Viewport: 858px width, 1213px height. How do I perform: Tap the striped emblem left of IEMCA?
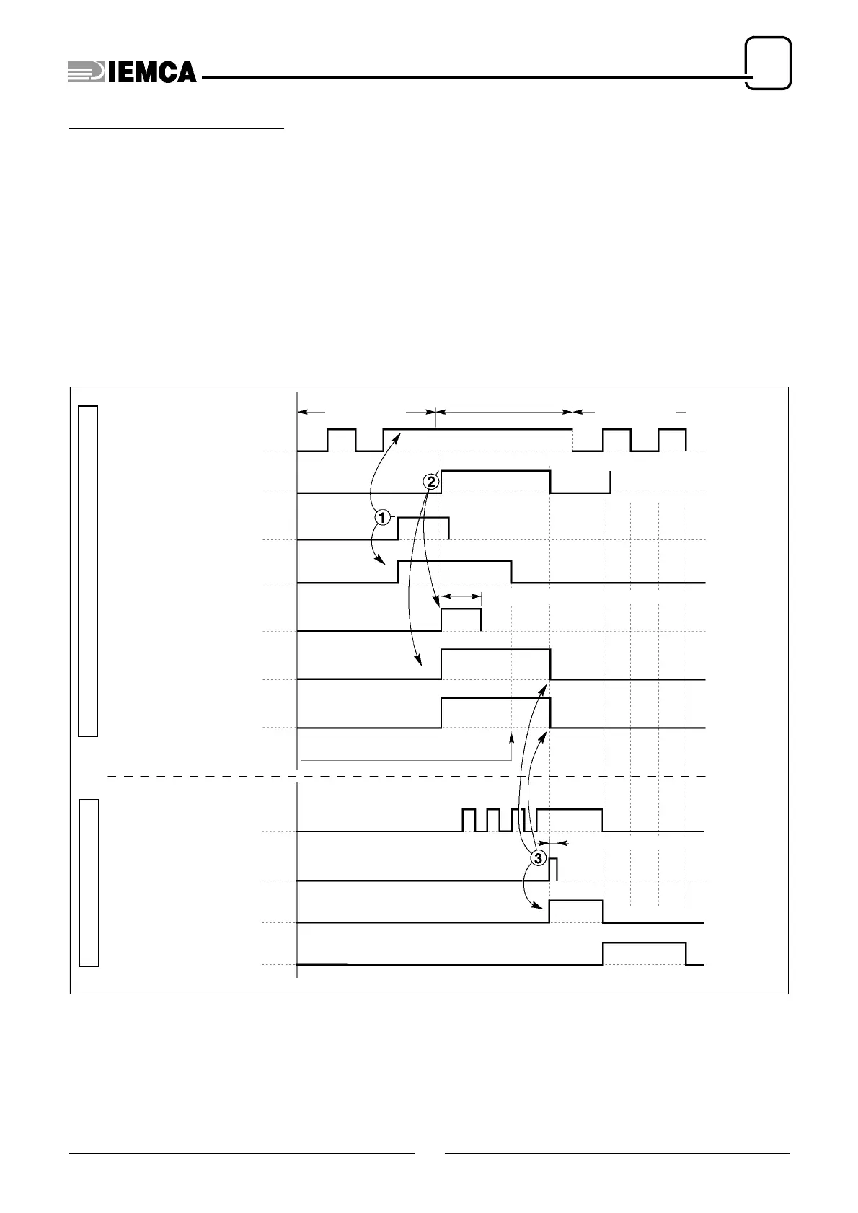[85, 71]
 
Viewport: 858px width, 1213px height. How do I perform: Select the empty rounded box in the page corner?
[769, 63]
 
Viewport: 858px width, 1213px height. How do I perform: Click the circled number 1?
[383, 517]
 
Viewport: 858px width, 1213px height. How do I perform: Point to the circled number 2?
[430, 481]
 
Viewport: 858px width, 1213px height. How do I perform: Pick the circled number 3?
[538, 858]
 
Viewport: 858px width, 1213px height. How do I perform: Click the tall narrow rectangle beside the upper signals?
[88, 571]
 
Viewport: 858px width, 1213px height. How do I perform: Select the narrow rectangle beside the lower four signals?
[89, 882]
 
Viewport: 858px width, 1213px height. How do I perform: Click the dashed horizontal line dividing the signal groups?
[404, 776]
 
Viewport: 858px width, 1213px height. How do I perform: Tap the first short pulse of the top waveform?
[342, 439]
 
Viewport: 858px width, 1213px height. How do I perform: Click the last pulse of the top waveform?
[672, 439]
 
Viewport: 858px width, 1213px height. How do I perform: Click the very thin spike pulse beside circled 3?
[554, 869]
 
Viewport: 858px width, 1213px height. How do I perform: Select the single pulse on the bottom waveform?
[644, 953]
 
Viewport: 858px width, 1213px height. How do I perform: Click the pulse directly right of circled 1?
[423, 528]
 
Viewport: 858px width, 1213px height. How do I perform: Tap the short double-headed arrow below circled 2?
[461, 596]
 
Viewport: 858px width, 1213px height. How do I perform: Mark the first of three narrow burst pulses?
[469, 820]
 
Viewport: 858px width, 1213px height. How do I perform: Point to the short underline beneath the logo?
[177, 130]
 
